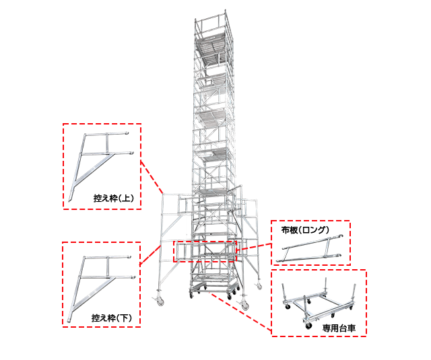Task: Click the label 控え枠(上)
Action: [114, 198]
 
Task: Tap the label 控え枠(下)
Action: [112, 318]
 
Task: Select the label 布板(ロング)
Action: [305, 229]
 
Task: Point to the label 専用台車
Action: [339, 328]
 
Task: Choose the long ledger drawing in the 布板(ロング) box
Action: [310, 248]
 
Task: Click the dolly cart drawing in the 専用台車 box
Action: [319, 305]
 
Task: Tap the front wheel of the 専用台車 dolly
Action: [308, 326]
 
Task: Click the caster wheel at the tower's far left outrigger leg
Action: [160, 301]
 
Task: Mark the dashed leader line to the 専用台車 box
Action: [240, 311]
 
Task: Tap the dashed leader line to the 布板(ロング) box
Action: [254, 246]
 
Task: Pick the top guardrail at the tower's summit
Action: [211, 16]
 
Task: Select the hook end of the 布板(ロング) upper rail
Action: [341, 236]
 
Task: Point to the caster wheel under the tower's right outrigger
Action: [244, 305]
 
